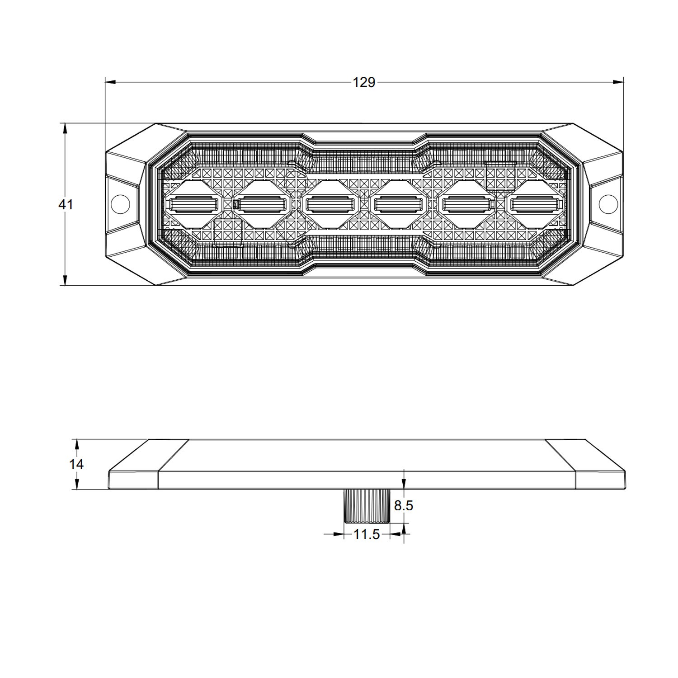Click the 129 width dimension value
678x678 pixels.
point(364,82)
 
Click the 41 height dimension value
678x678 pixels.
point(66,204)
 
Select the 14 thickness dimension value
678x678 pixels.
point(76,464)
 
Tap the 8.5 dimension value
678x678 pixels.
point(403,505)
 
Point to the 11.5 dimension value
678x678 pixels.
point(366,534)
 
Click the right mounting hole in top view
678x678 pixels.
point(608,204)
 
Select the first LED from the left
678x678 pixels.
point(193,205)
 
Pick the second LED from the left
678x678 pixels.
point(261,205)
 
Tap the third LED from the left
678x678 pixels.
point(330,205)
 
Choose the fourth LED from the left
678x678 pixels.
point(398,205)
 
